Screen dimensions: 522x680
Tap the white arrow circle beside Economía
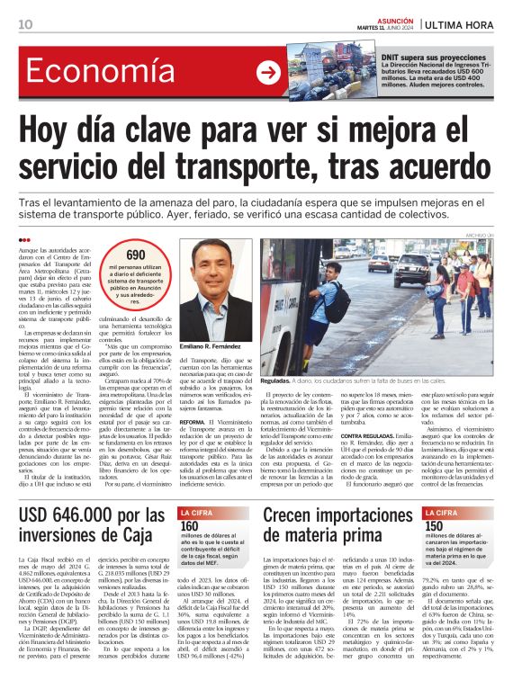[x=267, y=72]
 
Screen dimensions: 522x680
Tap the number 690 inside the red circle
[x=135, y=255]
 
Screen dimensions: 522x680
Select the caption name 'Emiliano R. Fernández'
[x=217, y=346]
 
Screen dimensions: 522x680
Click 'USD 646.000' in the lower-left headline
[x=76, y=515]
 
